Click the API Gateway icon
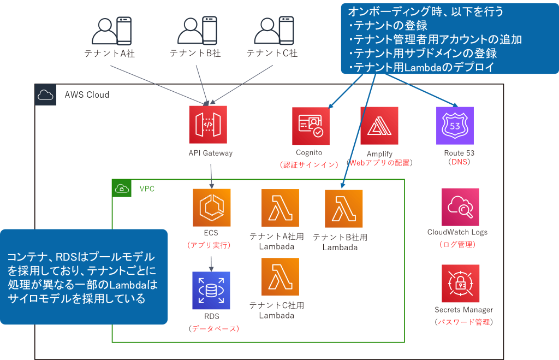[x=207, y=125]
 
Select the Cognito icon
[x=311, y=126]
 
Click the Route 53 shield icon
[x=455, y=125]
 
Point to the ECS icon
[x=212, y=208]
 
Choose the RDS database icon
[x=211, y=290]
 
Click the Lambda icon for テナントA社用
[x=281, y=208]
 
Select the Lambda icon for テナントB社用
[x=343, y=208]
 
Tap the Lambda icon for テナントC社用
[x=281, y=276]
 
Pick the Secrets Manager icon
[x=460, y=284]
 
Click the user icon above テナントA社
[x=111, y=31]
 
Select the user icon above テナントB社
[x=197, y=31]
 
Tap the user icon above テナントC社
[x=273, y=31]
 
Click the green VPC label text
[x=147, y=189]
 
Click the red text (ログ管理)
[x=457, y=244]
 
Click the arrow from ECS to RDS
[x=211, y=262]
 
